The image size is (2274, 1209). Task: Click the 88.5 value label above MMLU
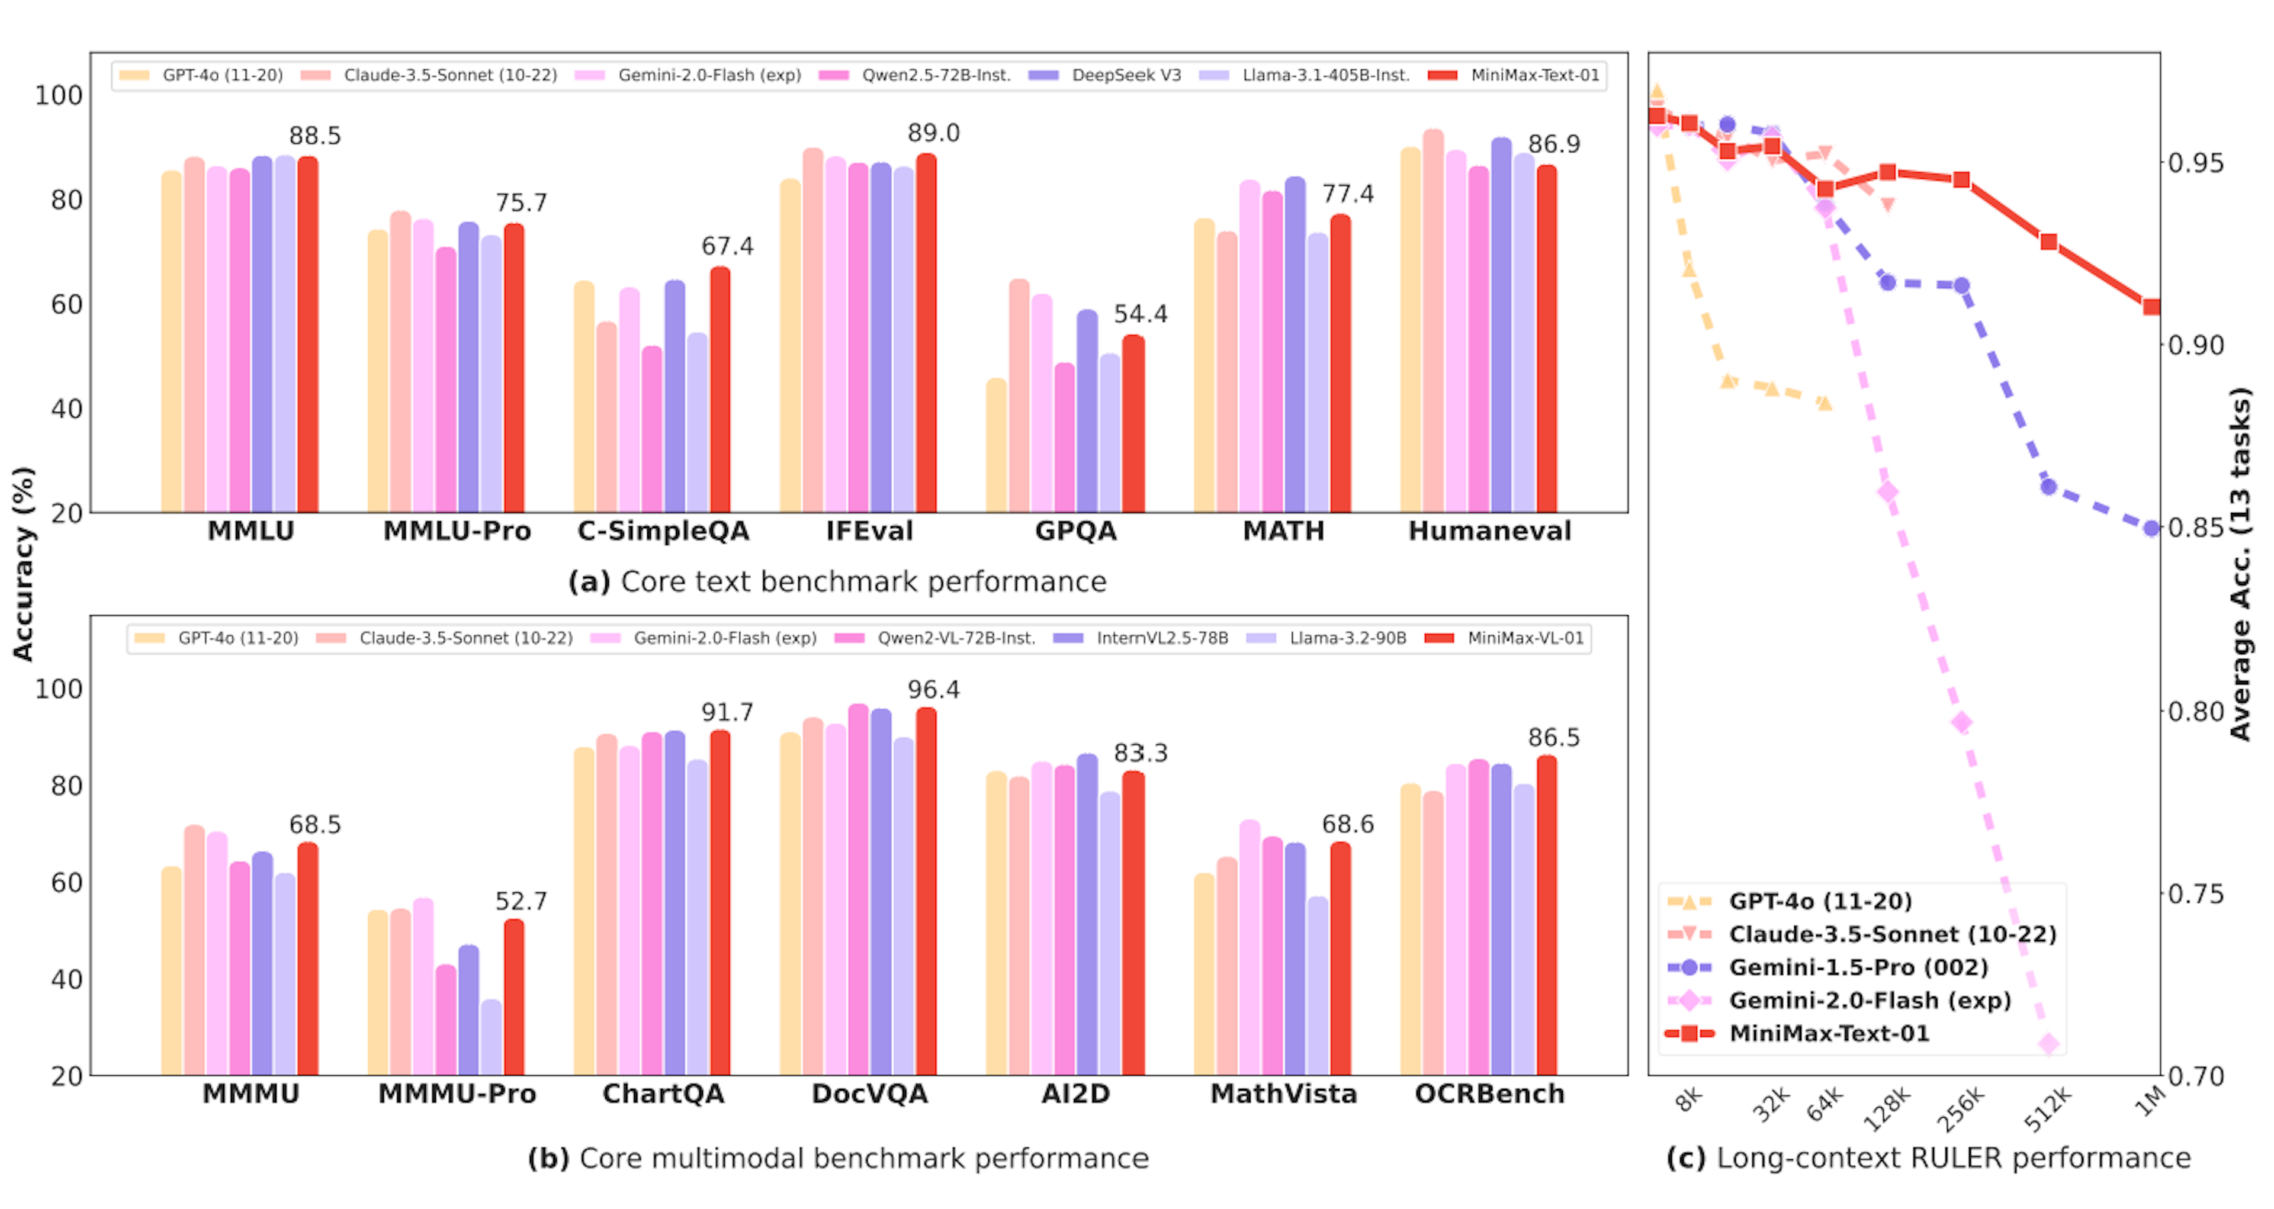(x=314, y=136)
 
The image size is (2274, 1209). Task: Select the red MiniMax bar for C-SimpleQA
(x=720, y=388)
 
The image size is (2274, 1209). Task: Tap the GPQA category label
(x=1075, y=531)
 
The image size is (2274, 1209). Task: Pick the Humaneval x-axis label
(x=1489, y=531)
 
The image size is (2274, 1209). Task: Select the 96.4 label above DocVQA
(x=933, y=689)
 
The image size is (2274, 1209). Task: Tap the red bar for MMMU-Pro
(x=514, y=997)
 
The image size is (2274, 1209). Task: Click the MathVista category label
(x=1283, y=1094)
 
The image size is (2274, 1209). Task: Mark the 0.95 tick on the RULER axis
(x=2195, y=163)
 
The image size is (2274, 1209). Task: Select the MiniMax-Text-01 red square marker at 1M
(x=2151, y=307)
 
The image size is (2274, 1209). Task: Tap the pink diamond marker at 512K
(x=2049, y=1044)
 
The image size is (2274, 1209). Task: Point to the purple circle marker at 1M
(x=2151, y=529)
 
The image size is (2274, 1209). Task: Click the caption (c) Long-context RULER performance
(x=1928, y=1158)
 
